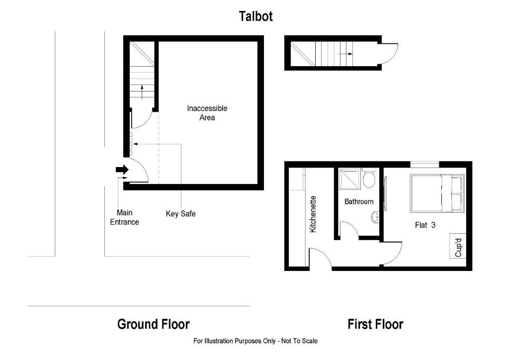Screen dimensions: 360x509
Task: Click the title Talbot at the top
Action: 255,16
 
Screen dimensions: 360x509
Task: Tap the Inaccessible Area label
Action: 207,113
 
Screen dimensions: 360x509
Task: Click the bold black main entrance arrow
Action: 122,170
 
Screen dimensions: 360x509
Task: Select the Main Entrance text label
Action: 124,217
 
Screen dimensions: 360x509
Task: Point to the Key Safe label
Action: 180,214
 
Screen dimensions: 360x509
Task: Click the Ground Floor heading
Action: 153,324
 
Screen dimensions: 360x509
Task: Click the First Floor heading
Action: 375,325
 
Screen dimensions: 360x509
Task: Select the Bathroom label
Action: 359,201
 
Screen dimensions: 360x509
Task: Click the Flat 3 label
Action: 425,225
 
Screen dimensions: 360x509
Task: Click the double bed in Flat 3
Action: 436,193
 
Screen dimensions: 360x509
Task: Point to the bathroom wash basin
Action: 375,217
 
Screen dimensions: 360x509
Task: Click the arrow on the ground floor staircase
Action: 142,91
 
